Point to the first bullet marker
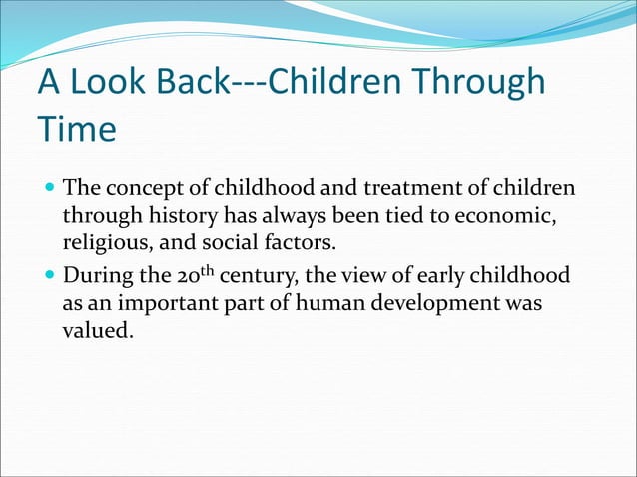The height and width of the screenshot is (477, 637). click(x=49, y=189)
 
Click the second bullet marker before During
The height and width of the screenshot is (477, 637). click(x=49, y=276)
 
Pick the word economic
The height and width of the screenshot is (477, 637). click(x=504, y=216)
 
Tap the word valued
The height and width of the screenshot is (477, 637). click(x=97, y=329)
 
